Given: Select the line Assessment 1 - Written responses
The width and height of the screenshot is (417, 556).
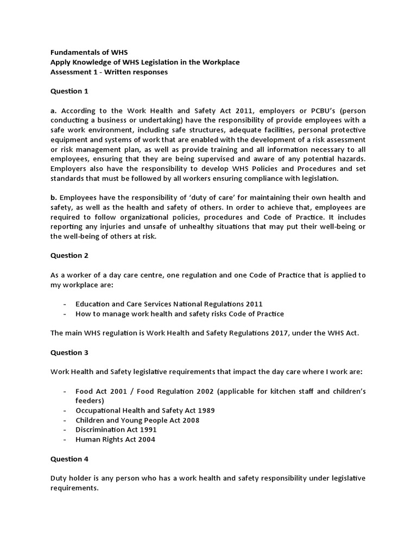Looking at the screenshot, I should click(109, 72).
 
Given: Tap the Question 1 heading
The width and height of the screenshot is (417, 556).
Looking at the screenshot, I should click(69, 91).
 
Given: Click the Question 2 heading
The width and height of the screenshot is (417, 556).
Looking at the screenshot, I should click(69, 255).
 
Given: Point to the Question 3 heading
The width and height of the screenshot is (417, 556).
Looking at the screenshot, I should click(69, 352).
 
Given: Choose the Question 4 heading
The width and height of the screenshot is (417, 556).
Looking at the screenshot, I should click(69, 459).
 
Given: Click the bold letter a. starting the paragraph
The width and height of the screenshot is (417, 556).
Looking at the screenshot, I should click(53, 110).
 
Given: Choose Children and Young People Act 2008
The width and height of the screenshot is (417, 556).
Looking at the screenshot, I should click(137, 420).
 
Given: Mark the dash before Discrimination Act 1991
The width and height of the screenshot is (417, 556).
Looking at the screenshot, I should click(65, 430).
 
